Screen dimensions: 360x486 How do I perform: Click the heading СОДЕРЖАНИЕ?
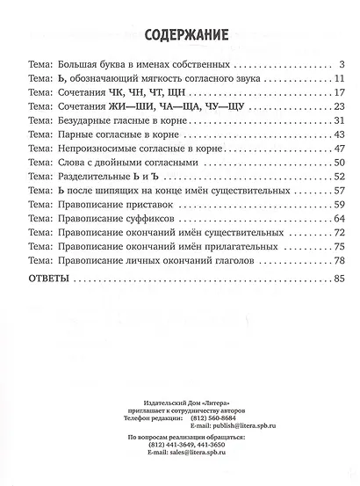tap(179, 36)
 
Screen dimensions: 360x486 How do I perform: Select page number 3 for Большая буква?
tap(339, 65)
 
